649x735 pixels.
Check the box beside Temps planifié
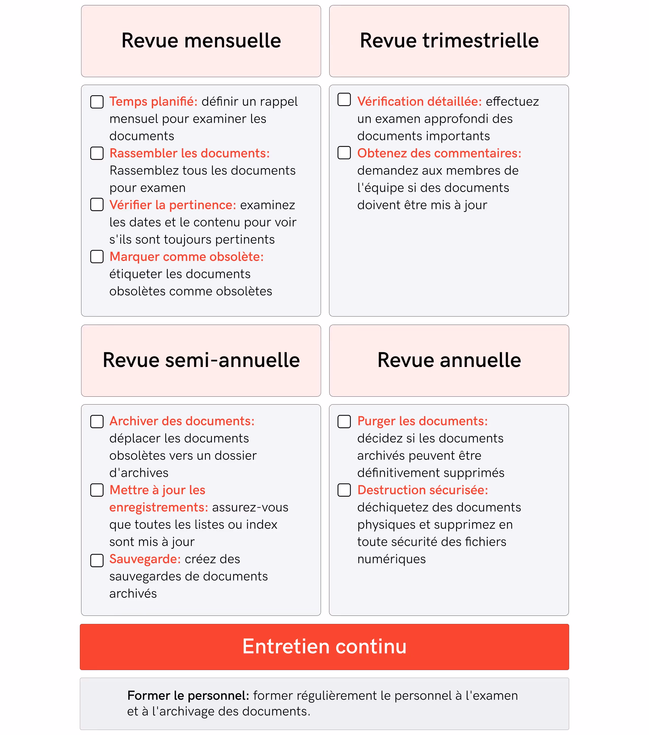(x=97, y=102)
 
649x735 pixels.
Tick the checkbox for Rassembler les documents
(x=97, y=153)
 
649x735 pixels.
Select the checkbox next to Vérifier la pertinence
(x=97, y=205)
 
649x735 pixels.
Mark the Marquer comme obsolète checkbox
(x=97, y=257)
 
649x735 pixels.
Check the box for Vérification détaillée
(x=344, y=100)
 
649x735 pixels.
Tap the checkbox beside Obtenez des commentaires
(x=344, y=153)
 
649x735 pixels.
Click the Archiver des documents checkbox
(x=97, y=422)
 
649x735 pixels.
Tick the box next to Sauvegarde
(x=97, y=560)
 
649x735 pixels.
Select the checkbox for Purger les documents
(x=344, y=422)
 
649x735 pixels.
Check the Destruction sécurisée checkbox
(x=344, y=490)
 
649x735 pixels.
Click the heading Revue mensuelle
(x=201, y=41)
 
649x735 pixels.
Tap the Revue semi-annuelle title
(x=201, y=360)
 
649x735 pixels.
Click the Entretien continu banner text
(x=324, y=646)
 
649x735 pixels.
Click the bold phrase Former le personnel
(x=188, y=696)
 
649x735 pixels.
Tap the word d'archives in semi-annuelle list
(x=139, y=473)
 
